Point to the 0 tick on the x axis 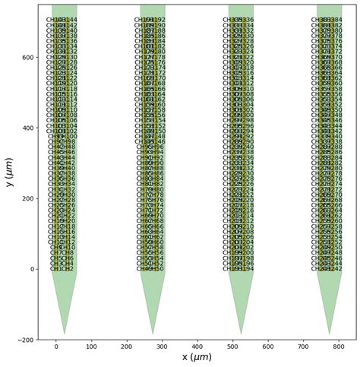coord(56,346)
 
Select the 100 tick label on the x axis coord(91,346)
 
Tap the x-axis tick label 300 coord(162,346)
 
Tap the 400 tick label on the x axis coord(197,346)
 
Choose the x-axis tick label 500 coord(233,346)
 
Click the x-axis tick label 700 coord(304,346)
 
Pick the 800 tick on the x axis coord(339,346)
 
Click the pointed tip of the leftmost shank coord(65,334)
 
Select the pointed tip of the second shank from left coord(153,334)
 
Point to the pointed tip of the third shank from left coord(242,334)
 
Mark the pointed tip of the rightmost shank coord(330,334)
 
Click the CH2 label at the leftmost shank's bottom coord(68,269)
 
